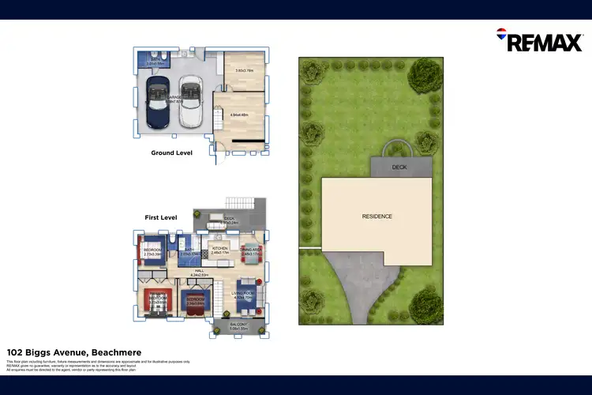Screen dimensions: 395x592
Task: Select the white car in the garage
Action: [190, 100]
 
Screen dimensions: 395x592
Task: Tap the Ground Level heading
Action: [172, 153]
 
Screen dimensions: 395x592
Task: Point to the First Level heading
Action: [161, 216]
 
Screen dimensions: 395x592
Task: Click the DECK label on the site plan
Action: [401, 167]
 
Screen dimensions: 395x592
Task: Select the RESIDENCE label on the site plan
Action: [377, 216]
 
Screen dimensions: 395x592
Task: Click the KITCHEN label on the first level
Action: [220, 248]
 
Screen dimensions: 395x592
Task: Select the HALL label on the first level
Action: [200, 270]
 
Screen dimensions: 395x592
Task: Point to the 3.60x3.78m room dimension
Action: [245, 71]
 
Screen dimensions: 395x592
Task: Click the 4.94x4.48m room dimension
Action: [240, 115]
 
